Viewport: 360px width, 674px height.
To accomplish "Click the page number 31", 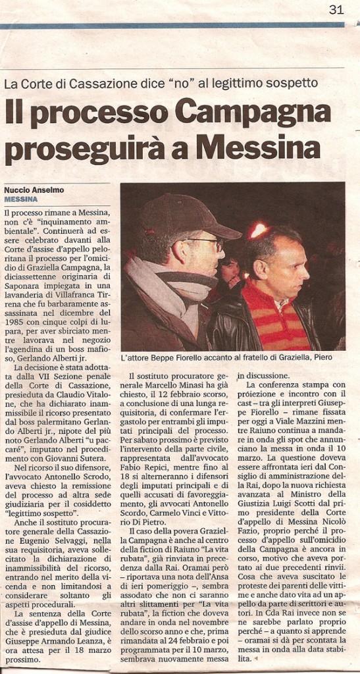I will (336, 9).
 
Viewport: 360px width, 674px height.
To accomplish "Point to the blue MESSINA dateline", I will (21, 199).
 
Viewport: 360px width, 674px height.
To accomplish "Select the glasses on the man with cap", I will (205, 243).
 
